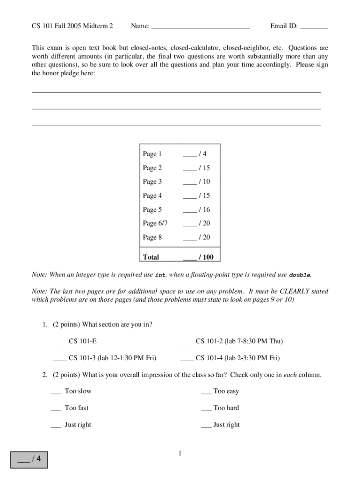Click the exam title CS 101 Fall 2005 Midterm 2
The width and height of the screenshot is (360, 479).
[72, 26]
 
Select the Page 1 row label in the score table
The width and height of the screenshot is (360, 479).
[152, 154]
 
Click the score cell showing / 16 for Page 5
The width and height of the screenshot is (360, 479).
[197, 210]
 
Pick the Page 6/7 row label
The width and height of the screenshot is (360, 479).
[155, 223]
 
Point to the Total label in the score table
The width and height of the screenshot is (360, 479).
[151, 257]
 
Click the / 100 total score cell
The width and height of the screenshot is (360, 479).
[198, 257]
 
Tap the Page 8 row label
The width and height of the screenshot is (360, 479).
[152, 237]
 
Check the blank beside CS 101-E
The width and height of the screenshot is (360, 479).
[60, 341]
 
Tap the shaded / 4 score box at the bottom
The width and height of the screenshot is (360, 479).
[29, 459]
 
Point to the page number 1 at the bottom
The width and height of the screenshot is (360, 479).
[180, 453]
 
